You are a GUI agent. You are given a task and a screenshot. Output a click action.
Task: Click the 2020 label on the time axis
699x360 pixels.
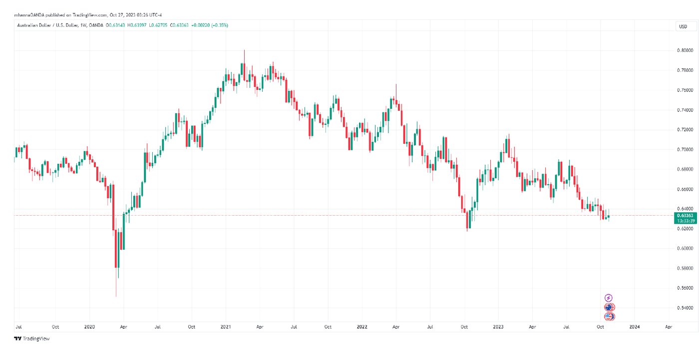coord(89,327)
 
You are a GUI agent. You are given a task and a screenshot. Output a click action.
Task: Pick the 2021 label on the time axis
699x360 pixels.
coord(226,327)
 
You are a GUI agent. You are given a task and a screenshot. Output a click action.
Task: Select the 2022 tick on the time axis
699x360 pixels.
coord(362,327)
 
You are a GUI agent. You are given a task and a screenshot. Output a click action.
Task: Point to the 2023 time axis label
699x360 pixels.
coord(498,327)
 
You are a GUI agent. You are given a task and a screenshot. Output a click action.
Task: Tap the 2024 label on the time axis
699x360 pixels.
coord(634,327)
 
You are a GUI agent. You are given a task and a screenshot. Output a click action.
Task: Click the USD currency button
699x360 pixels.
coord(683,26)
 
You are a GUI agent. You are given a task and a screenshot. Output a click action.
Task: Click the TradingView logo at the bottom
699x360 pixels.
coord(32,339)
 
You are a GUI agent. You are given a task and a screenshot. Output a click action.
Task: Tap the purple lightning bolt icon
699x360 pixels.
coord(609,298)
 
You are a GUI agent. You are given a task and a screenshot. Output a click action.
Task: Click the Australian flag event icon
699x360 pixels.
coord(609,307)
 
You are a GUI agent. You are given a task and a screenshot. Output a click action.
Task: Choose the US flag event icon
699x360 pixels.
coord(609,316)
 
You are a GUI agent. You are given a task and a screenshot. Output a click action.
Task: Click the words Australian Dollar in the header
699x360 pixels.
coord(34,25)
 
